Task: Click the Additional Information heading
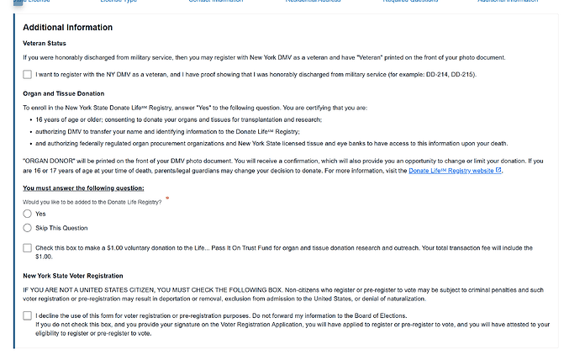[67, 28]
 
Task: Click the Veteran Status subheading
[45, 43]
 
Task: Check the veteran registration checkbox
[28, 75]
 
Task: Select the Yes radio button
[28, 214]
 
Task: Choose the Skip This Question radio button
[28, 228]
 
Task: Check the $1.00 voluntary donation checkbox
[28, 248]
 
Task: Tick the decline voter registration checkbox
[28, 315]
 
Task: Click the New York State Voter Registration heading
[73, 276]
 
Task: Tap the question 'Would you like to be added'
[92, 201]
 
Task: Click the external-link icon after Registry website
[499, 170]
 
